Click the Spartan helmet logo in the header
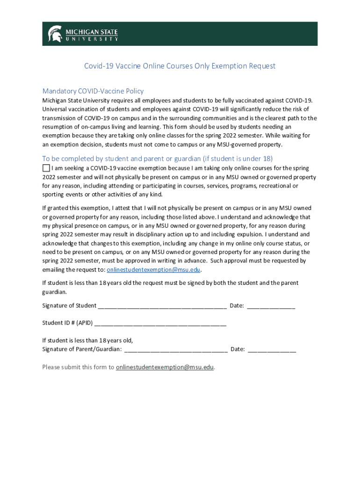55,34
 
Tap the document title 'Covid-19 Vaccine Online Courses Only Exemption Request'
180,66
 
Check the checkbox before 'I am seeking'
46,168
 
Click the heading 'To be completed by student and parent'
157,158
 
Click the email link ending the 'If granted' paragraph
154,270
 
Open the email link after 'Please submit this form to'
165,367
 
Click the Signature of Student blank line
162,306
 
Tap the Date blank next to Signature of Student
271,306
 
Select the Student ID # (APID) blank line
160,323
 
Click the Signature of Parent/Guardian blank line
176,349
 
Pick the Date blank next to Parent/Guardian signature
272,349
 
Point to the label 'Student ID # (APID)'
67,323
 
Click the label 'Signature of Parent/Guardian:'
82,349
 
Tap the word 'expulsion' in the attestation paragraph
248,234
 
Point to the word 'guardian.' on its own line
55,292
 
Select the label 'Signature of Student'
69,306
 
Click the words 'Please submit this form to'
78,367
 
